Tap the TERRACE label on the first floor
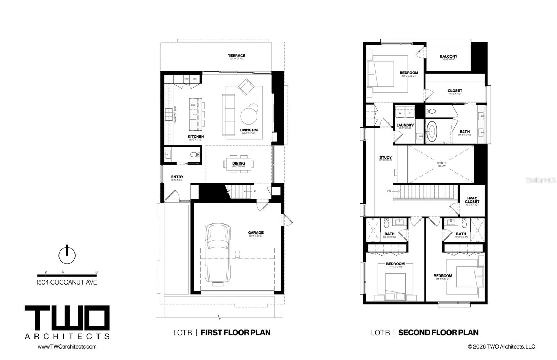pos(236,56)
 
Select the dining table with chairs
pos(239,163)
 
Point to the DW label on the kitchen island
pos(193,105)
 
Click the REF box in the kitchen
pos(195,79)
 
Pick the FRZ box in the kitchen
pos(186,79)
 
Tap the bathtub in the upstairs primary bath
pos(433,132)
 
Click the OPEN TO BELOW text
pos(441,165)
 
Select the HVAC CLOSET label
pos(472,200)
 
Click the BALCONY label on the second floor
pos(448,56)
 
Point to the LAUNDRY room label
pos(405,125)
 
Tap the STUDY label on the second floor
pos(385,158)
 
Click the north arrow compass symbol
pos(67,255)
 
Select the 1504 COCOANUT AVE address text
pos(67,282)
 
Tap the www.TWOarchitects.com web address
pos(67,346)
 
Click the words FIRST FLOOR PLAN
pos(236,333)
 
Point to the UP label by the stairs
pos(254,191)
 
